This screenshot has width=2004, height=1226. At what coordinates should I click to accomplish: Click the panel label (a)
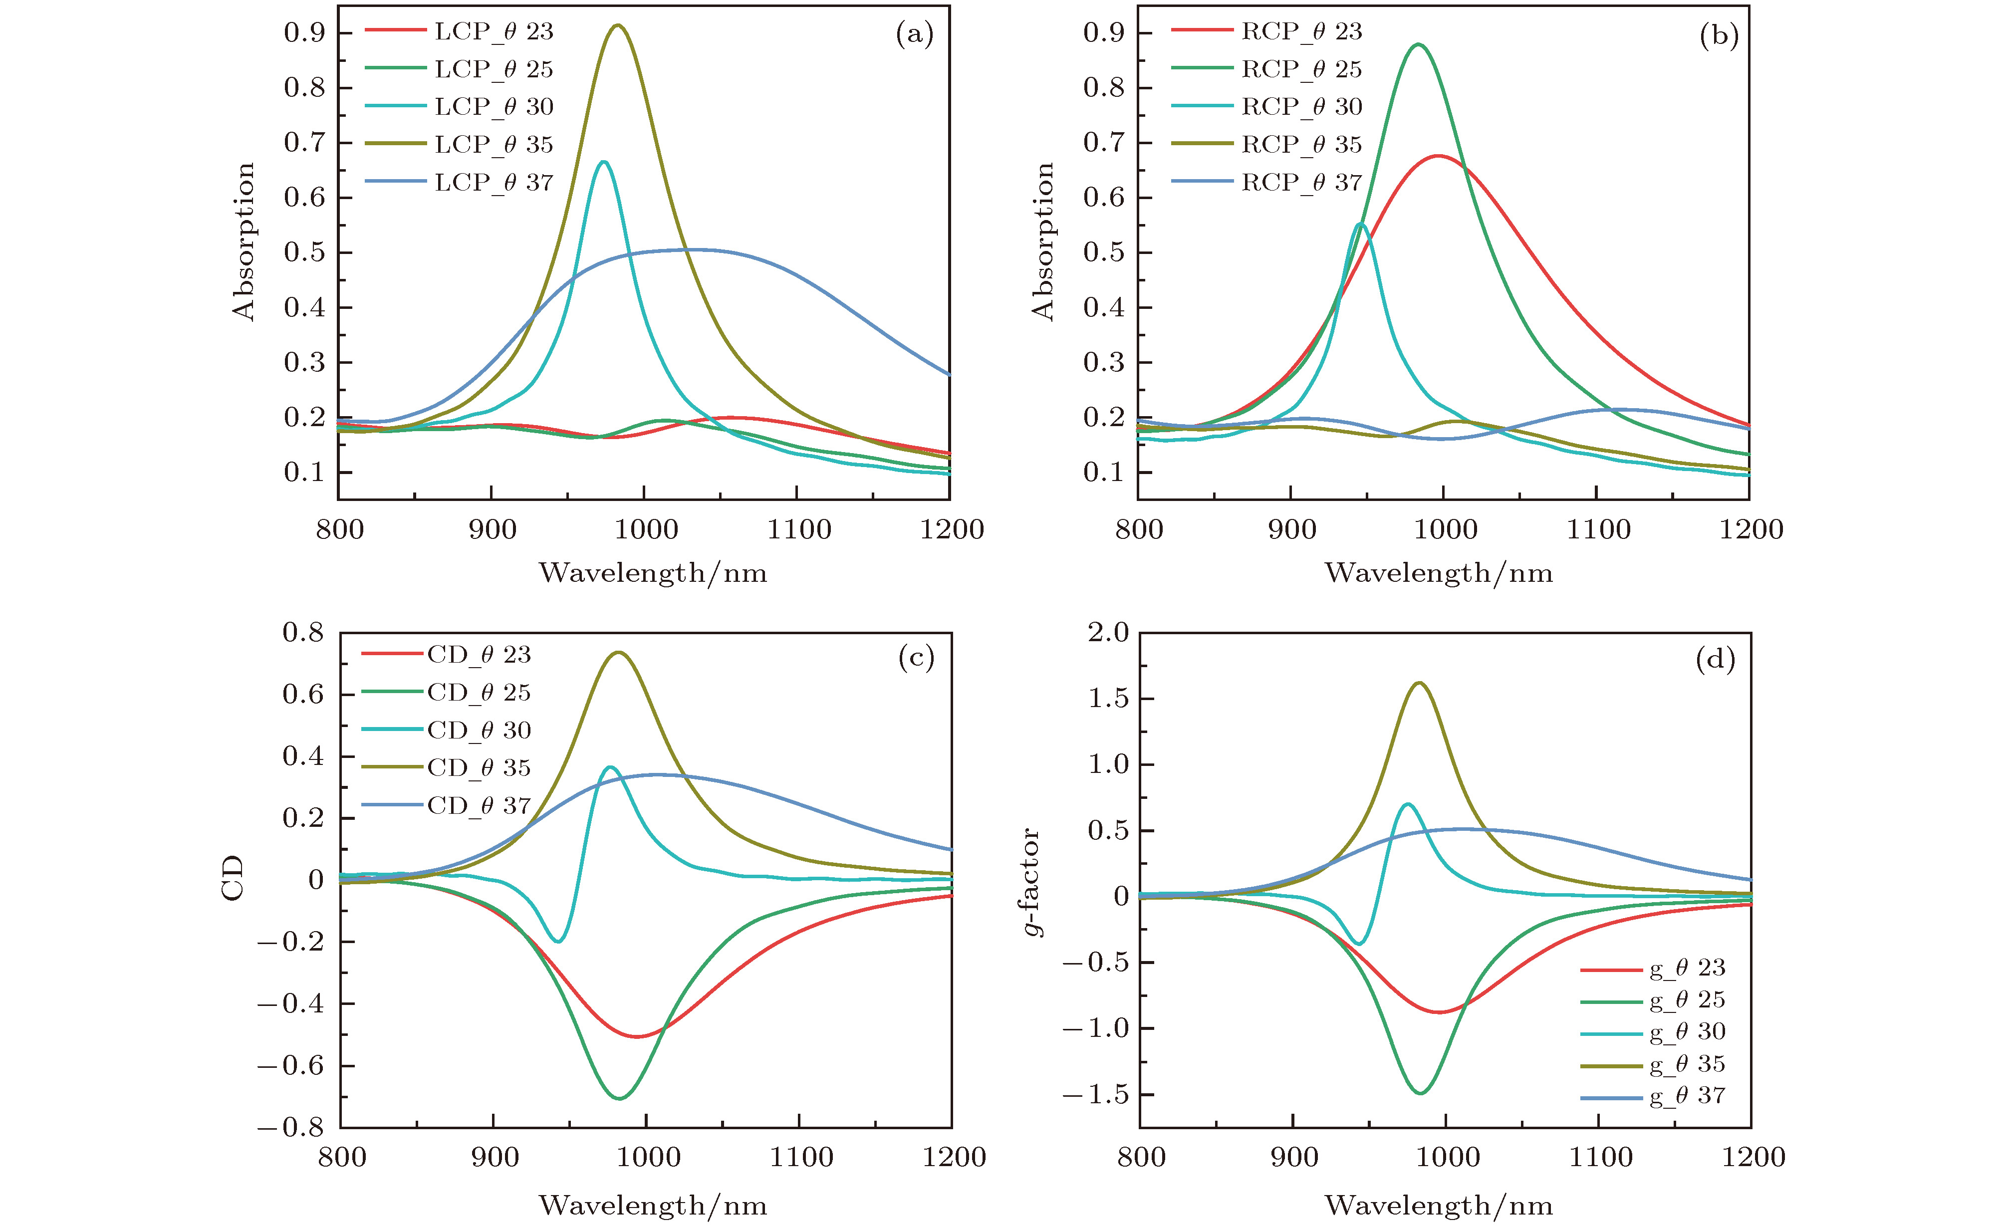pos(914,34)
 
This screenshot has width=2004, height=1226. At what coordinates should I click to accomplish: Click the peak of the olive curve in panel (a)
pos(618,25)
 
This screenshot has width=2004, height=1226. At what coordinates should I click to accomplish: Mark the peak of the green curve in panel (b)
pos(1418,44)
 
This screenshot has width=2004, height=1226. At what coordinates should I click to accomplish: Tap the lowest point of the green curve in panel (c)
pos(620,1098)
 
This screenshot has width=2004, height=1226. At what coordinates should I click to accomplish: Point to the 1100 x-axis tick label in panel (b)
pos(1598,529)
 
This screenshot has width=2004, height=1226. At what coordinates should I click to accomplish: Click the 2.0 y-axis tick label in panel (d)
pos(1109,632)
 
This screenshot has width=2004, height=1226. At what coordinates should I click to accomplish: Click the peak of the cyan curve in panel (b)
pos(1361,224)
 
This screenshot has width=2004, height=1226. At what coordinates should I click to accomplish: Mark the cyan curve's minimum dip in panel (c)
pos(558,941)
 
